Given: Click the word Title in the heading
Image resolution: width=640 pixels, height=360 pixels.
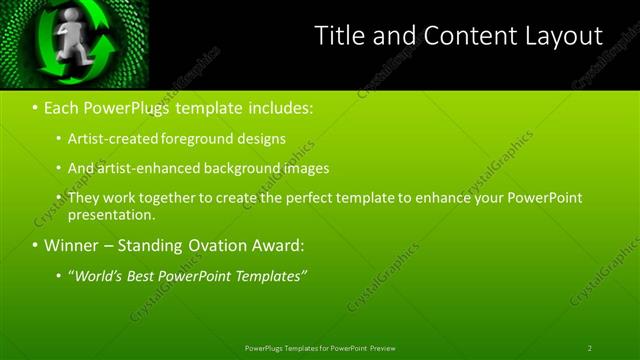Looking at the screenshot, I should coord(338,37).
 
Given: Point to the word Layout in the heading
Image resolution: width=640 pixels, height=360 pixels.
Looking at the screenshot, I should coord(565,37).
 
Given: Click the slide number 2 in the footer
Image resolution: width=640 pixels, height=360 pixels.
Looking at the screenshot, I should coord(589,348).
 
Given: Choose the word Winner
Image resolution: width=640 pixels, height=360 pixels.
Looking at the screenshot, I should coord(72,245).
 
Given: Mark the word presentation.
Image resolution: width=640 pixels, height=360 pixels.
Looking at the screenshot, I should coord(111,214).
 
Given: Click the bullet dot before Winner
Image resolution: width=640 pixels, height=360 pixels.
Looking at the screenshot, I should coord(36,245).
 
